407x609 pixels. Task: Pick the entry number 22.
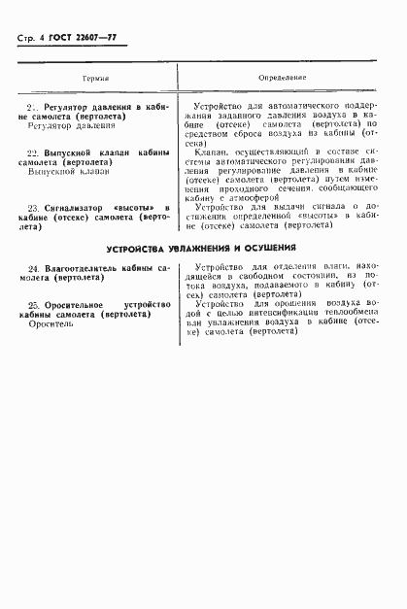tap(31, 153)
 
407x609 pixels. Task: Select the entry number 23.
tap(33, 207)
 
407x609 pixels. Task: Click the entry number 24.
tap(33, 266)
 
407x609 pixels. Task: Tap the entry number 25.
tap(33, 304)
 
